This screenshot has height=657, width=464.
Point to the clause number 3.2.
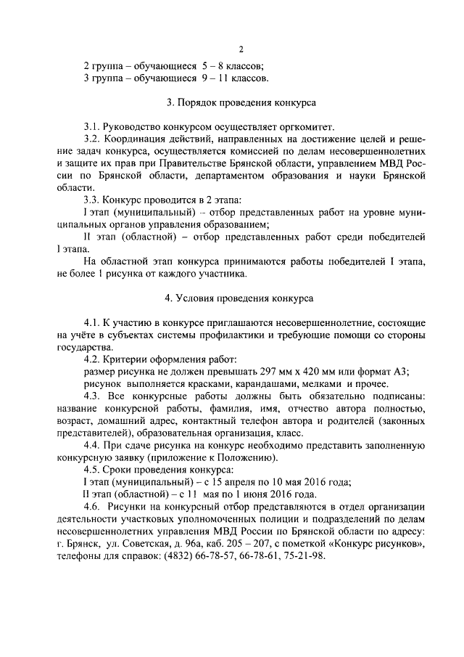(x=92, y=139)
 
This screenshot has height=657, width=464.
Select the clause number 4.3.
(x=92, y=396)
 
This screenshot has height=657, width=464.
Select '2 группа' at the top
(x=101, y=65)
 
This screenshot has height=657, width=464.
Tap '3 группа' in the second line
(x=101, y=78)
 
